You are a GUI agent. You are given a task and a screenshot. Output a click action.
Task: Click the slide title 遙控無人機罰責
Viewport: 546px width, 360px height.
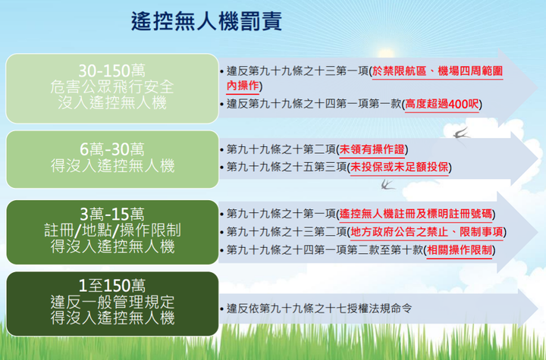tap(206, 21)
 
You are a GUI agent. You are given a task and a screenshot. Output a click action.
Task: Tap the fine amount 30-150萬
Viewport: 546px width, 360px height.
tap(111, 71)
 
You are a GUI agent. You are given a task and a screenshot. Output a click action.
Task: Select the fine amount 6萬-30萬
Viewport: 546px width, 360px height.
tap(111, 149)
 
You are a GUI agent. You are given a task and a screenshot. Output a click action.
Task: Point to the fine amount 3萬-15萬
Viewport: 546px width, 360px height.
tap(111, 214)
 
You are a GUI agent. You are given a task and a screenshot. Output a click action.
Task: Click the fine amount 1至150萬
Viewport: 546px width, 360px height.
tap(111, 286)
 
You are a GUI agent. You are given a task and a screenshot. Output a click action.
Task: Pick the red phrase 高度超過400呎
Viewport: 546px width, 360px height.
tap(442, 104)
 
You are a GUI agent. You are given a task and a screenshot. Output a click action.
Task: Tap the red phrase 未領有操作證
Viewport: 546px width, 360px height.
tap(372, 149)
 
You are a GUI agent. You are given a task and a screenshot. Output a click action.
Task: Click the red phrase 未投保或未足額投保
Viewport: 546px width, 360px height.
tap(399, 167)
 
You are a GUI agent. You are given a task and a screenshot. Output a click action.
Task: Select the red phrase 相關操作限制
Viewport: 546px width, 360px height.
tap(460, 250)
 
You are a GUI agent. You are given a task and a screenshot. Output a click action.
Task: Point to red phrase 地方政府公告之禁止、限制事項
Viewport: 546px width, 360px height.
tap(426, 232)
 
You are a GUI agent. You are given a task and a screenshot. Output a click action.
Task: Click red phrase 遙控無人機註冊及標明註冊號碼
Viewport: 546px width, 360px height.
tap(416, 214)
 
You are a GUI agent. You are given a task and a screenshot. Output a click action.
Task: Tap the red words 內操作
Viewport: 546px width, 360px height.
tap(243, 86)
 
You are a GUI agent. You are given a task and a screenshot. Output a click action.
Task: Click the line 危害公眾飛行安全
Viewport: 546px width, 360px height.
tap(111, 87)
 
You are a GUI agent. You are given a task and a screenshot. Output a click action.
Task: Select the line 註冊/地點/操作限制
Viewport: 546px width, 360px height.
tap(111, 230)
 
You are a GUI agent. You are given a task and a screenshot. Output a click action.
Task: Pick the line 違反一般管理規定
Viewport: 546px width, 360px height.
tap(111, 302)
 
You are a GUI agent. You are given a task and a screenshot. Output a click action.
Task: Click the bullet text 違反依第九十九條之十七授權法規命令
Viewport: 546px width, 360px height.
tap(319, 308)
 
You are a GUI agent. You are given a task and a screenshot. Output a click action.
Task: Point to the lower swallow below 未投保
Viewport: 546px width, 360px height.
tap(388, 184)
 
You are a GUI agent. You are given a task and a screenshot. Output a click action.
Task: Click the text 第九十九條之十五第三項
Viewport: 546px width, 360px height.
tap(287, 167)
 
